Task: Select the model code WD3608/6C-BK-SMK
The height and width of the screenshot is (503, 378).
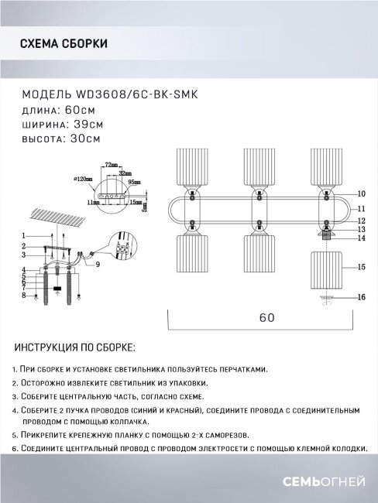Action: tap(136, 94)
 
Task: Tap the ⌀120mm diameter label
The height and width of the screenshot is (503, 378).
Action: tap(82, 179)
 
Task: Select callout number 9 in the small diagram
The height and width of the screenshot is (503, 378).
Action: tap(98, 264)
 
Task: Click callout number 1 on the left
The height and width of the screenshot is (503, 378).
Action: tap(25, 234)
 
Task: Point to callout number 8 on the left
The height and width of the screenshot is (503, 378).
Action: tap(25, 295)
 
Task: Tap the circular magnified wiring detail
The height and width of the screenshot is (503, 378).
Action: tap(122, 249)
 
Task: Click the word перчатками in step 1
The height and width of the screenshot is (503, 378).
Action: tap(241, 369)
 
